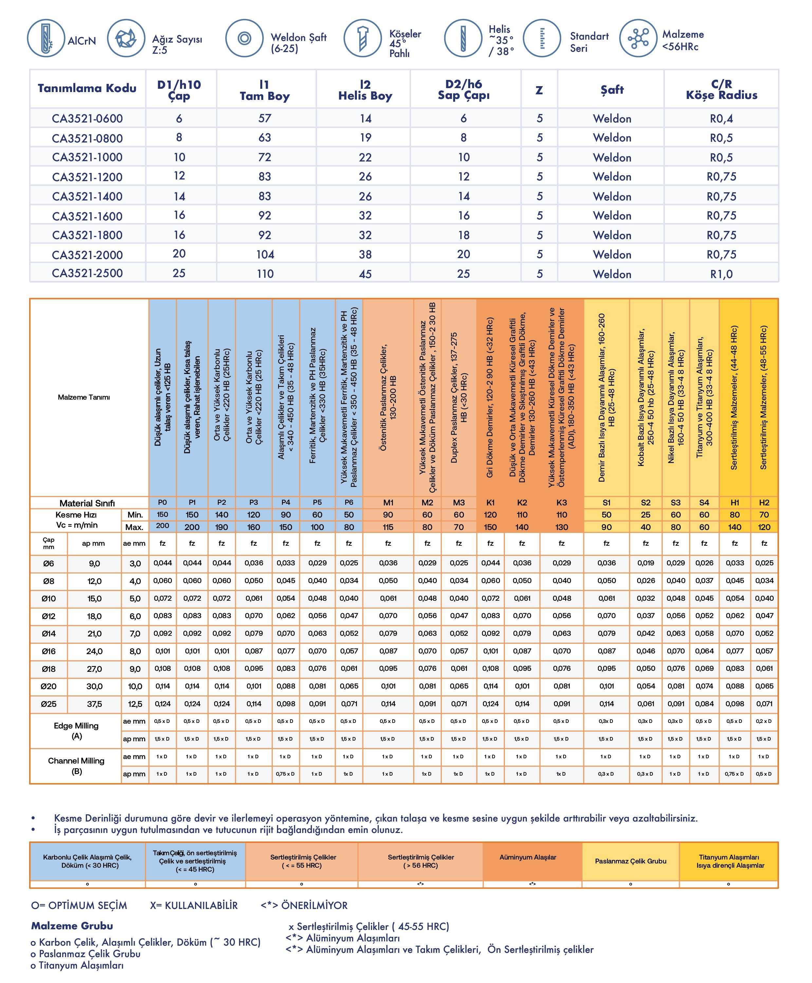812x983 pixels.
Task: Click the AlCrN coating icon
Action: [46, 38]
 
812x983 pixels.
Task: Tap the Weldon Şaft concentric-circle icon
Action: [244, 38]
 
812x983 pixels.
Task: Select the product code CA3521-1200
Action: [87, 177]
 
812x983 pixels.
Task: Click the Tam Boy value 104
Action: [265, 255]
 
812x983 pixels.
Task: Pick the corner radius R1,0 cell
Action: [721, 274]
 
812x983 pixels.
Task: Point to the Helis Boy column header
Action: [365, 90]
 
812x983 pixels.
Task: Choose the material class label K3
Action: [561, 502]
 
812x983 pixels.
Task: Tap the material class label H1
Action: [734, 502]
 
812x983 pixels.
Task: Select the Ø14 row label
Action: [49, 633]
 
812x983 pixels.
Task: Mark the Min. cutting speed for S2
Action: [645, 515]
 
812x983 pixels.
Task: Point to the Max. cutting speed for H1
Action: [734, 527]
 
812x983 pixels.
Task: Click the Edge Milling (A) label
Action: [76, 730]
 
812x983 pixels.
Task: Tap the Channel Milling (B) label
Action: [76, 766]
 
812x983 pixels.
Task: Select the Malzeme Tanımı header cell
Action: [84, 397]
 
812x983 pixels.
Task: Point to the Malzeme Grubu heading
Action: [72, 925]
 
